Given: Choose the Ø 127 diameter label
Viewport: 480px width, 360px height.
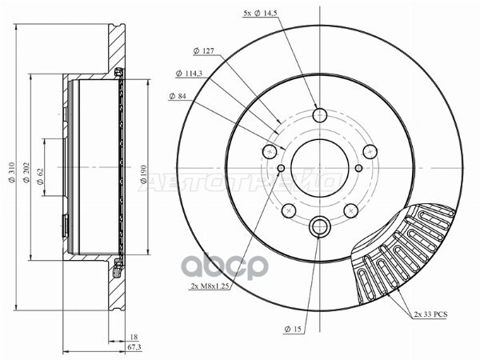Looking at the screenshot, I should [x=203, y=52].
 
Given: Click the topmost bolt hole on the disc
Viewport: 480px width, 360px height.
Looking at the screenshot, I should [x=320, y=115].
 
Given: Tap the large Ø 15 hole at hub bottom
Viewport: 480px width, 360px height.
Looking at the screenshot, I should [x=320, y=226].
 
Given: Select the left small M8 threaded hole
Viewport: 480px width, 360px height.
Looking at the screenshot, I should [x=282, y=167].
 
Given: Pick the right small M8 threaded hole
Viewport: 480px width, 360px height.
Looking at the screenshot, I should [x=358, y=167].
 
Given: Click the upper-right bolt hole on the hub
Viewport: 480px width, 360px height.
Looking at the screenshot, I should [x=369, y=151].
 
